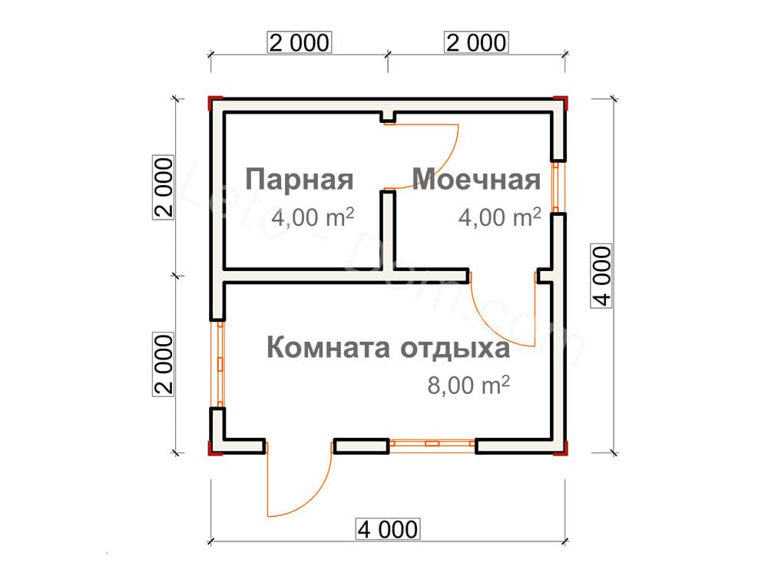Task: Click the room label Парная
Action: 300,179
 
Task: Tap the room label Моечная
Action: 477,179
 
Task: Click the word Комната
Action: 329,348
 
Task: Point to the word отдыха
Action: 455,349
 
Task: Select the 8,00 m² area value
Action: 468,385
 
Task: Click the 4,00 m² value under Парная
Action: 313,217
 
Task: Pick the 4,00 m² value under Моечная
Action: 500,217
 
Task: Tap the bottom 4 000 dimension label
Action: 387,529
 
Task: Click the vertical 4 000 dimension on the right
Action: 601,276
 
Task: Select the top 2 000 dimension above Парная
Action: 300,42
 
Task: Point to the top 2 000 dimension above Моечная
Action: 476,42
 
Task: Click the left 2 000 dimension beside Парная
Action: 164,187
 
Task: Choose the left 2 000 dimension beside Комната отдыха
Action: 164,364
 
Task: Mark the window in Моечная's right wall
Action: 556,187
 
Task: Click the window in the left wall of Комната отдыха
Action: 220,364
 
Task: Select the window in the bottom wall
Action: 432,444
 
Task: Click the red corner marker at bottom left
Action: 214,449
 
